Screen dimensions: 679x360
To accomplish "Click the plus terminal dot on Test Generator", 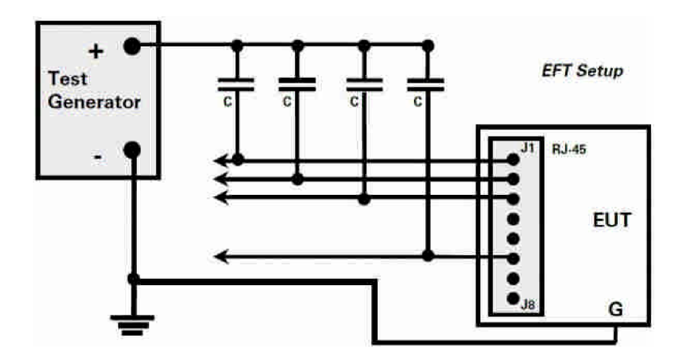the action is (x=132, y=46).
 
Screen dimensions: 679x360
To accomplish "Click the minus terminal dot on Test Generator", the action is (x=132, y=150).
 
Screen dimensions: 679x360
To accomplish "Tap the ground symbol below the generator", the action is (x=132, y=325).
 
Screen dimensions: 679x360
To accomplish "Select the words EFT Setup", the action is (x=582, y=71).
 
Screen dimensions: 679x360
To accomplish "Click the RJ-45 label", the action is (x=569, y=150).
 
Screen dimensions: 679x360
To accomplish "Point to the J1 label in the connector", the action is (x=527, y=148).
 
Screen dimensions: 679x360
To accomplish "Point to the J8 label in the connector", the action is (x=528, y=304).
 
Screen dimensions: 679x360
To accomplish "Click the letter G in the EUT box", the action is (x=615, y=309).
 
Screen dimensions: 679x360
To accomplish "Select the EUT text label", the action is (x=612, y=220).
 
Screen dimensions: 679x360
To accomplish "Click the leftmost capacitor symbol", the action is (x=236, y=84).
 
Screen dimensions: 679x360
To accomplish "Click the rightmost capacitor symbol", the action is (x=426, y=84).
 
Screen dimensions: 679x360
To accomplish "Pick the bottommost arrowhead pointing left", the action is (x=221, y=257).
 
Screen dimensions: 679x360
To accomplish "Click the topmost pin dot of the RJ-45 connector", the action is (x=513, y=160).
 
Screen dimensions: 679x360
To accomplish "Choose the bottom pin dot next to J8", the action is (x=513, y=298).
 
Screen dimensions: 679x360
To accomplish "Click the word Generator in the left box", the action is (x=95, y=102).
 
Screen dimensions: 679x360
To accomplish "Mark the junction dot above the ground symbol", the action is (x=134, y=279).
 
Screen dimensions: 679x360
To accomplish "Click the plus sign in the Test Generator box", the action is (x=96, y=51).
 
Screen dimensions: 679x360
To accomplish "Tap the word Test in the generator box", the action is (x=68, y=79).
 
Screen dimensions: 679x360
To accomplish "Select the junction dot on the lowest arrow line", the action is (x=428, y=256).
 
